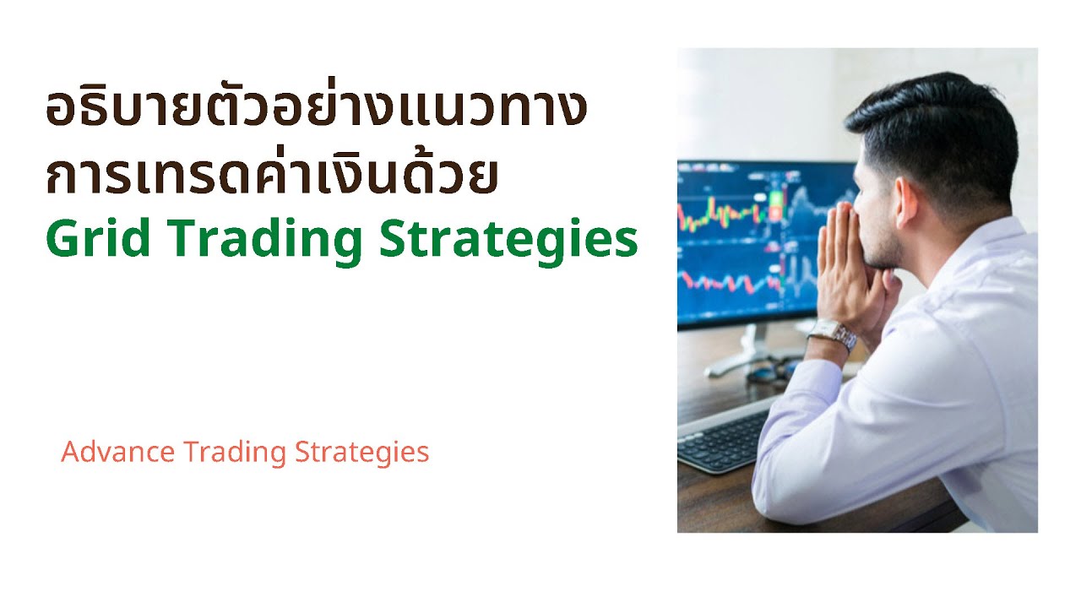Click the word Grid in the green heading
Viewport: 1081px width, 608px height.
click(x=94, y=240)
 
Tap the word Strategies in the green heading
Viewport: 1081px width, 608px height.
click(x=508, y=242)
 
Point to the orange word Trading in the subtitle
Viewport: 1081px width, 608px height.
click(x=235, y=453)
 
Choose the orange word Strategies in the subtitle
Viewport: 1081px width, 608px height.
click(x=362, y=453)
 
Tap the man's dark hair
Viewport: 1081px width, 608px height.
click(x=937, y=127)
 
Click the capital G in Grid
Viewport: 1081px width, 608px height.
click(x=63, y=240)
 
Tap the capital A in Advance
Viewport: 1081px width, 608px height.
click(x=70, y=453)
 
